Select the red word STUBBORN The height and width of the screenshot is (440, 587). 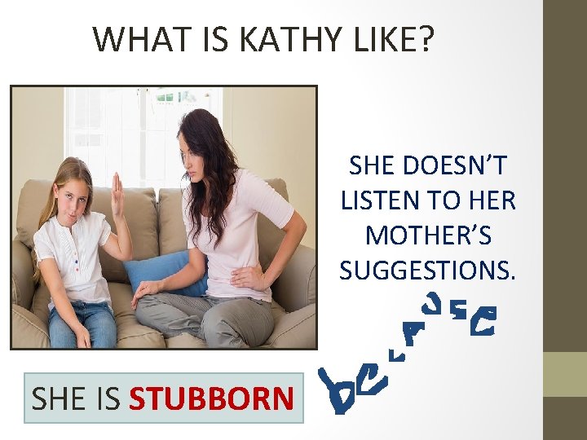(211, 399)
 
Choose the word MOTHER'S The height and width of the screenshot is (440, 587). (428, 235)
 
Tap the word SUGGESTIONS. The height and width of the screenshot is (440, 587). (428, 270)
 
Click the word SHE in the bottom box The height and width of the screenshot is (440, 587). (58, 399)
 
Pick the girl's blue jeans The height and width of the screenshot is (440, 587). (82, 322)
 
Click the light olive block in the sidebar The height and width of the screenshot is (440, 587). (565, 374)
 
